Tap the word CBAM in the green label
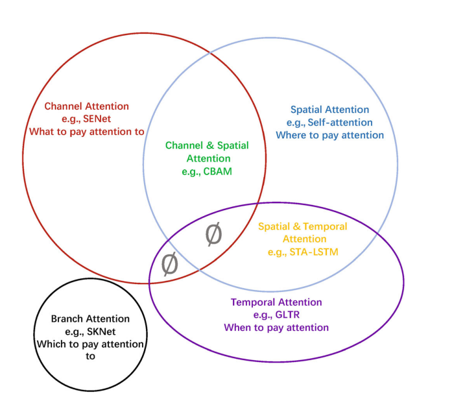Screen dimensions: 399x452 click(218, 172)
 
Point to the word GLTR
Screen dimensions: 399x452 click(289, 315)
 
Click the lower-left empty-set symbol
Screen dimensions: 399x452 click(169, 264)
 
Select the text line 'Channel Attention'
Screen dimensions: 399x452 click(86, 106)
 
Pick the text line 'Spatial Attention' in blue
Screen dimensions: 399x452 click(329, 110)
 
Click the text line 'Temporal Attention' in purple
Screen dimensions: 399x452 click(276, 302)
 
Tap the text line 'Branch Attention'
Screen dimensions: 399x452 click(90, 319)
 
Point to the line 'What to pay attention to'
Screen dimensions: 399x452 click(86, 132)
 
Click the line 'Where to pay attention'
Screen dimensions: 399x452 click(329, 136)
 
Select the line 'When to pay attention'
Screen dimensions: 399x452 click(276, 328)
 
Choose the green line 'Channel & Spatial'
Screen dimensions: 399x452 click(207, 145)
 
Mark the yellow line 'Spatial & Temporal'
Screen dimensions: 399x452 click(302, 226)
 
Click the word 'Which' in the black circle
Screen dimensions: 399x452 click(50, 344)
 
